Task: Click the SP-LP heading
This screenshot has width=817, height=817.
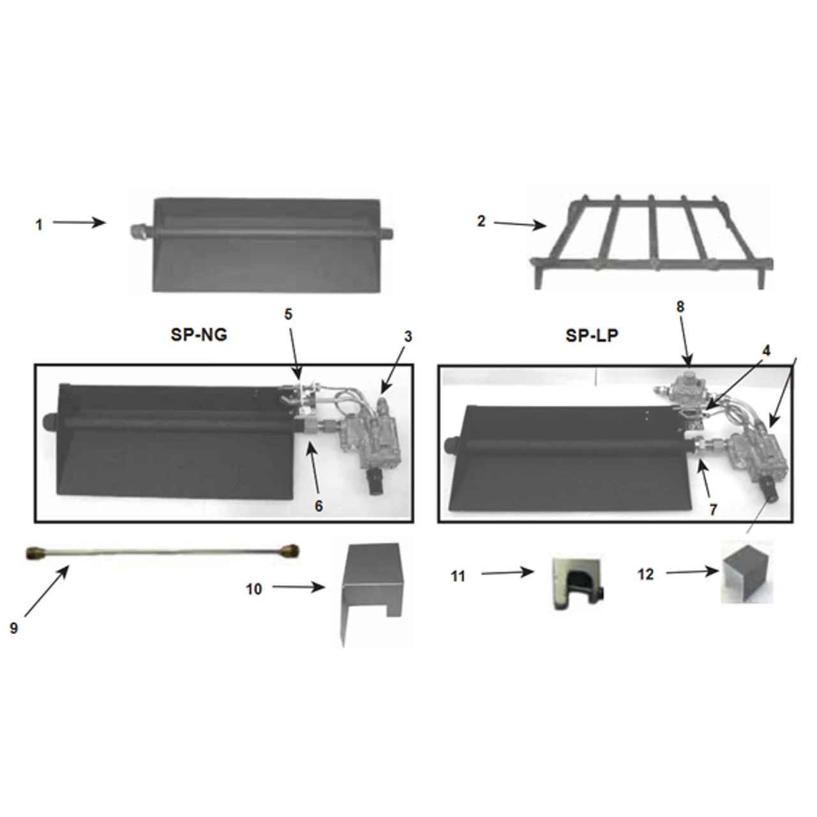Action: tap(592, 336)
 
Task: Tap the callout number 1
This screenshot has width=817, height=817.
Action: tap(40, 225)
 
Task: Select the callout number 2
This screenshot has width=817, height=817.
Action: tap(481, 221)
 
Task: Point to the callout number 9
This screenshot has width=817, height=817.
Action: tap(14, 627)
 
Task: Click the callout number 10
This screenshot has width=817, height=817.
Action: tap(254, 589)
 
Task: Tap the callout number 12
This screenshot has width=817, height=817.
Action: tap(645, 574)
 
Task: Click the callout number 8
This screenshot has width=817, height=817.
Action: tap(680, 306)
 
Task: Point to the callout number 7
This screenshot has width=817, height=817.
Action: tap(713, 509)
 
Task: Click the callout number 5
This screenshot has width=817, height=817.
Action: tap(288, 314)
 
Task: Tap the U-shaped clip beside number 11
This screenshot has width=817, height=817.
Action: tap(576, 576)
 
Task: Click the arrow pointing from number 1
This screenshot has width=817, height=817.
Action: tap(79, 222)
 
